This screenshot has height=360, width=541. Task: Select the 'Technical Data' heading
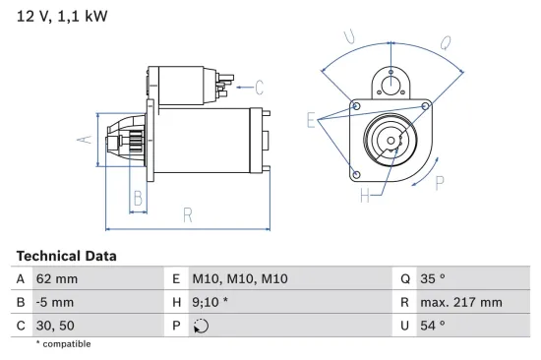coord(66,256)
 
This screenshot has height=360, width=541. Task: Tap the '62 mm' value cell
coord(56,279)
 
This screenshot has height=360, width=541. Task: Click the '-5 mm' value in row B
coord(54,302)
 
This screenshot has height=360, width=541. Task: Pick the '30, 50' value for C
coord(54,325)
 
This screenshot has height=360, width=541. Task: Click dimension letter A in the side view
coord(85,139)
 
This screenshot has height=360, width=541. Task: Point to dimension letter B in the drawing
coord(139,198)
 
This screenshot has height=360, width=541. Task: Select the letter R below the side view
coord(186,215)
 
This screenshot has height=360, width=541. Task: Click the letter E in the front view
coord(311,120)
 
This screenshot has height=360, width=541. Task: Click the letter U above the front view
coord(348,37)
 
